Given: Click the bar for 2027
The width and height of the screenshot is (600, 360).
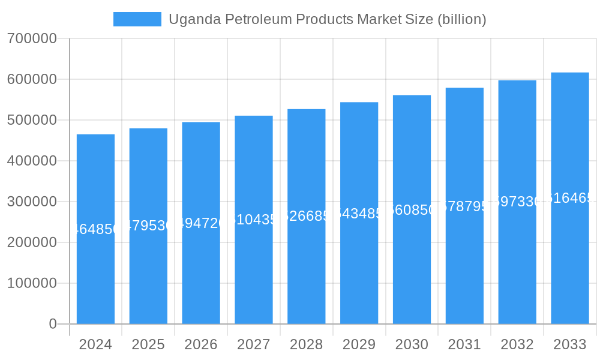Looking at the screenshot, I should point(253,264).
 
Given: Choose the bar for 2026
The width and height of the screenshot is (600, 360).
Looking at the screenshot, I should point(201,264).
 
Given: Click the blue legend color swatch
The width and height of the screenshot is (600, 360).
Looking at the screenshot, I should point(137,19).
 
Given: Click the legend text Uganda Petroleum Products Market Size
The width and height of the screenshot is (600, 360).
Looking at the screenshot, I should point(327,19).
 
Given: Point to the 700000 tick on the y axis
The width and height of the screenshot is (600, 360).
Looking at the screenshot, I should point(32,39).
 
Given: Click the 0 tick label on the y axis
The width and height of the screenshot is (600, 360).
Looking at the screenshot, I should point(52,324).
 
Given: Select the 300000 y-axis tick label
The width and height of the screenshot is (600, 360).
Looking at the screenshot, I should point(32,202).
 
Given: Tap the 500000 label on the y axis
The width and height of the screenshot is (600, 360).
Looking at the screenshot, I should point(32,121).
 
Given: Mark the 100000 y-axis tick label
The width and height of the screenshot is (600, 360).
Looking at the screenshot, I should point(32,283).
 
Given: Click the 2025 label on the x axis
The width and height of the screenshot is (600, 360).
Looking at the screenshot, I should point(148,344).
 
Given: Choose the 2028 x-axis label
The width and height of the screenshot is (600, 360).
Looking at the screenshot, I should point(306,344).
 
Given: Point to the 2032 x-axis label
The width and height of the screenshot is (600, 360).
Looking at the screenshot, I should point(517,344).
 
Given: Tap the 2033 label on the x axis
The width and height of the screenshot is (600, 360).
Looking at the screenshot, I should point(569,344).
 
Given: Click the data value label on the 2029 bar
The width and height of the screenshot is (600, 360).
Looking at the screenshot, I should point(359,214).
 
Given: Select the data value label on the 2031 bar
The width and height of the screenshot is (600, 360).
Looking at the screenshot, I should point(464,206).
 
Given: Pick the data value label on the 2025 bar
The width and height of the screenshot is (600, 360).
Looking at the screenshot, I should point(148,226).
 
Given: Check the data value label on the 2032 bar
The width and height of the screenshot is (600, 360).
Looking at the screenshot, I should point(517,202).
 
